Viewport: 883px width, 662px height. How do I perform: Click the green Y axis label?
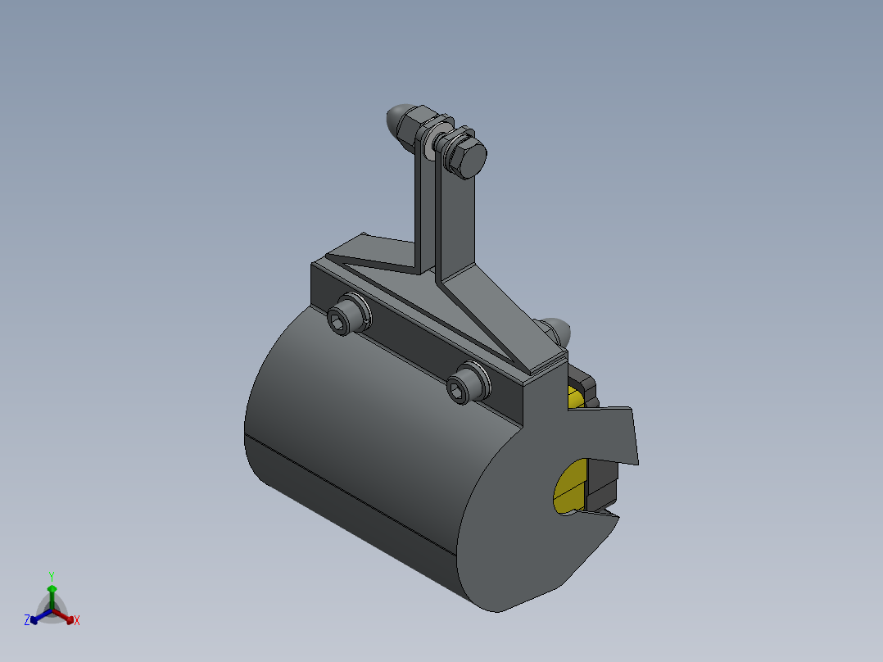tap(52, 576)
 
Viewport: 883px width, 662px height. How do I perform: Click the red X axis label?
tap(77, 620)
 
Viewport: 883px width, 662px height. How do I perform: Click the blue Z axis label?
tap(27, 621)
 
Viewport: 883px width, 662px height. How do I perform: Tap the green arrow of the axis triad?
tap(52, 592)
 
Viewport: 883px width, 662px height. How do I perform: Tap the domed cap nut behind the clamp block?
tap(559, 329)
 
